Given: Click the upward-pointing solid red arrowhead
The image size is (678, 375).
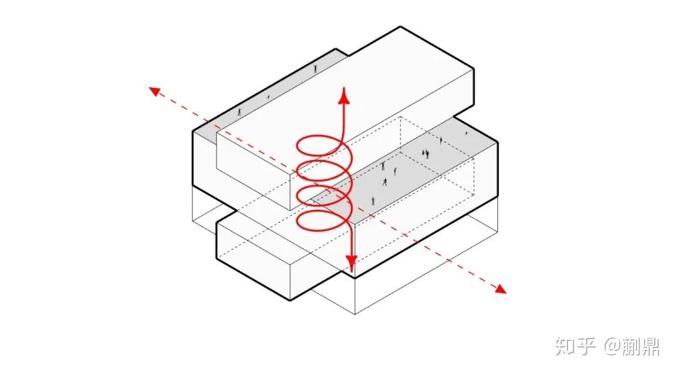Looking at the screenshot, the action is pos(345,95).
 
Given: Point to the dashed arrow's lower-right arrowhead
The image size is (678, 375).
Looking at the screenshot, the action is pos(500,290).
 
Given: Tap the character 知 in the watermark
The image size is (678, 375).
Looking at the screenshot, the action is pos(566,347).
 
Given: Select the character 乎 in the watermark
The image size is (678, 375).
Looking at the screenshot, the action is pos(586,347).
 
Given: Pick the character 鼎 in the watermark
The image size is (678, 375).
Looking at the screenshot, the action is pos(650,347).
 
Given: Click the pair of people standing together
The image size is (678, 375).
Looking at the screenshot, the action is pos(426,153).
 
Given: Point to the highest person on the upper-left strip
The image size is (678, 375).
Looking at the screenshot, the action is pos(316,68).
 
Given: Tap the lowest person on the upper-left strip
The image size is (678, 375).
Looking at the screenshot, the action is pos(240,112).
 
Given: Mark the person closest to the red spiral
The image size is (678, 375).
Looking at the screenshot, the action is pos(373,201).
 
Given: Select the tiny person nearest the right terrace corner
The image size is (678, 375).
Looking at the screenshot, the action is pos(466,133).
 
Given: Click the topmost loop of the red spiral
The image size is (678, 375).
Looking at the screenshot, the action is pos(320,137).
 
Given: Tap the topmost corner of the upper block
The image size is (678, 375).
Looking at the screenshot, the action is pos(401,27).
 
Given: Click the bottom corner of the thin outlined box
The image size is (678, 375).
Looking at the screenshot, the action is pos(355,314).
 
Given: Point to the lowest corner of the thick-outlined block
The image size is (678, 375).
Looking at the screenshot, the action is pos(291,300).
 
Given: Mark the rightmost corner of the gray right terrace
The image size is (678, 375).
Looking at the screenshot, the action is pos(497,143).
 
